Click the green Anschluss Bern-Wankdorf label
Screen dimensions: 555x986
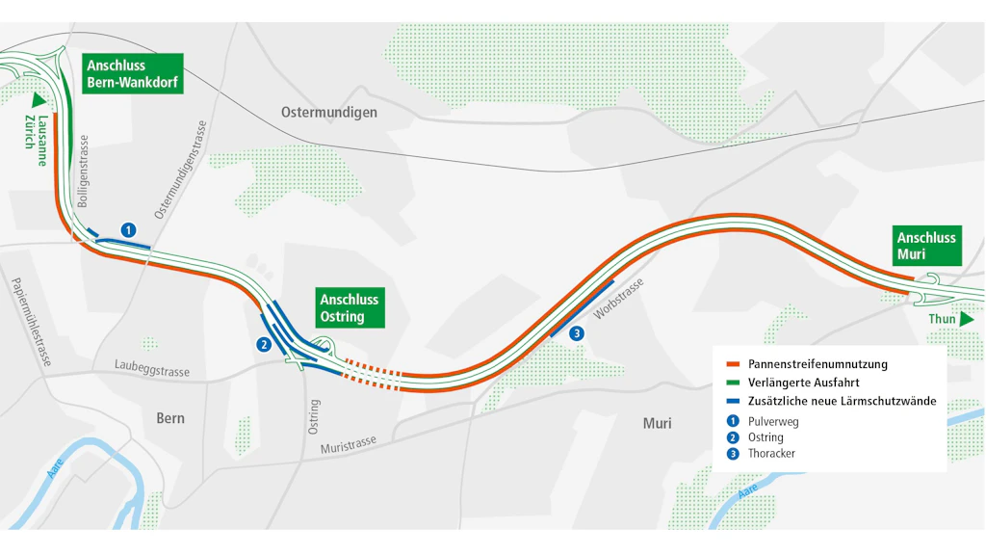[x=133, y=73]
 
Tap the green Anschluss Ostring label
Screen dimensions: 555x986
[x=349, y=307]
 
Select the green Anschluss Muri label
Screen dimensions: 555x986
[x=926, y=246]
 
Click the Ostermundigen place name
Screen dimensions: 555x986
[x=329, y=112]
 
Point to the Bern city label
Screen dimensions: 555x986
[x=170, y=418]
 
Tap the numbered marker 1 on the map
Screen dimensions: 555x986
[x=128, y=229]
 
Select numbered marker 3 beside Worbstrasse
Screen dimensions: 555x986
[x=577, y=333]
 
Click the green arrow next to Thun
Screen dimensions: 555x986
[x=967, y=319]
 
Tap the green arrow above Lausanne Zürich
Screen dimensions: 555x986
[x=39, y=99]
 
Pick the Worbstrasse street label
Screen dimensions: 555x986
[x=617, y=300]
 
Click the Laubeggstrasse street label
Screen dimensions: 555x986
[x=151, y=371]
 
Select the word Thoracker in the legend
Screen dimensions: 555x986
[x=771, y=454]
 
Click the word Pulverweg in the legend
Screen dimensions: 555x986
[x=773, y=421]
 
